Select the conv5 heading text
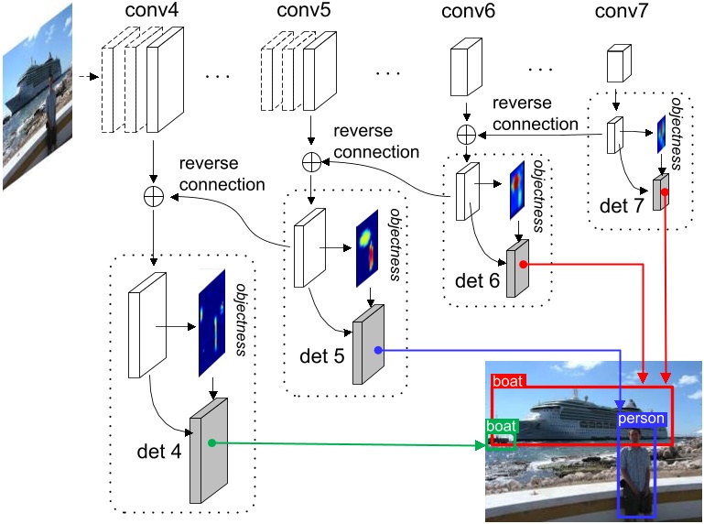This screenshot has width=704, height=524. pos(301,13)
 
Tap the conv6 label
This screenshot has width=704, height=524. pos(468,13)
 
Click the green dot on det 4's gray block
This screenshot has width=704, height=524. pos(211,443)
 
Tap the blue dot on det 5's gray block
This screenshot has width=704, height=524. pos(377,349)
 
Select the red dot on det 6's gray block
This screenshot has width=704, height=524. pos(522,264)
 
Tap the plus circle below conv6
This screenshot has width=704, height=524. pos(468,134)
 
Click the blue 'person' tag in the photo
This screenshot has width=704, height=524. pos(642,419)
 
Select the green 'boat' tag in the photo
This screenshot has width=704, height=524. pos(501,427)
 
